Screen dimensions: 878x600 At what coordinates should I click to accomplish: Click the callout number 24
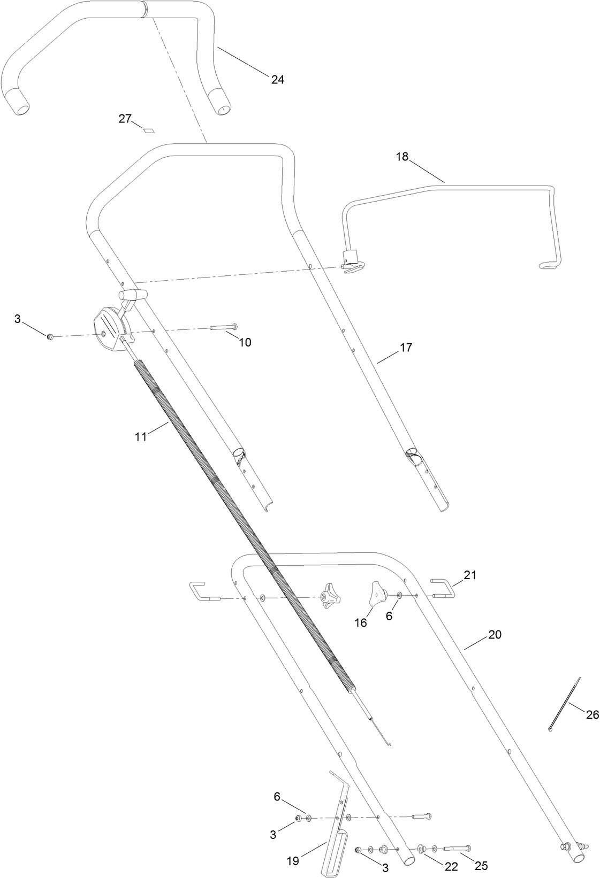click(277, 80)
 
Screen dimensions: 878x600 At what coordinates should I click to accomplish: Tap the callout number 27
click(125, 119)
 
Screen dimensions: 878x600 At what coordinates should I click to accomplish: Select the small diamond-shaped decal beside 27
click(149, 129)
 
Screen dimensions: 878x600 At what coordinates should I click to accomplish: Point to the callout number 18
click(402, 157)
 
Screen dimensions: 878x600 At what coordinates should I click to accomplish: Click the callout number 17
click(406, 348)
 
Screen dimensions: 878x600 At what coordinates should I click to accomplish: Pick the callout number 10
click(245, 343)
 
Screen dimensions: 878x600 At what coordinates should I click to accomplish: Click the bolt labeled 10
click(225, 327)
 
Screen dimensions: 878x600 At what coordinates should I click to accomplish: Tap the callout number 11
click(140, 437)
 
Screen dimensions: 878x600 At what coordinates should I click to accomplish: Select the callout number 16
click(361, 623)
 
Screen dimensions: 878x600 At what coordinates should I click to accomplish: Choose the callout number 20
click(495, 635)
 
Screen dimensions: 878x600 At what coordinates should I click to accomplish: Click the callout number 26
click(592, 714)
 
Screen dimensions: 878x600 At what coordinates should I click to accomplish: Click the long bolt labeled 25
click(457, 848)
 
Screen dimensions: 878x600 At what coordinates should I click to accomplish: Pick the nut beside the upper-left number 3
click(50, 336)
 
